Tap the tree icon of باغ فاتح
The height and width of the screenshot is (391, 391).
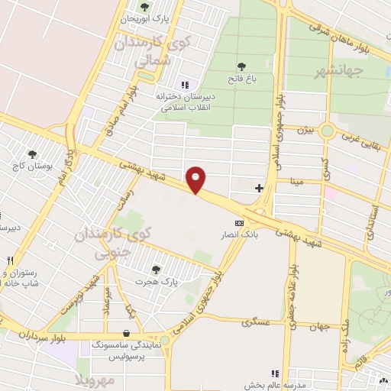[242, 66]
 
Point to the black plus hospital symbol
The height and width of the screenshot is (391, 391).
[260, 187]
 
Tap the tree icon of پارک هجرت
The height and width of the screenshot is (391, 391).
[157, 270]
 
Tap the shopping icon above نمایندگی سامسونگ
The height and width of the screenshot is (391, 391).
[124, 334]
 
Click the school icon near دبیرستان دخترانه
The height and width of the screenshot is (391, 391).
[183, 86]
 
